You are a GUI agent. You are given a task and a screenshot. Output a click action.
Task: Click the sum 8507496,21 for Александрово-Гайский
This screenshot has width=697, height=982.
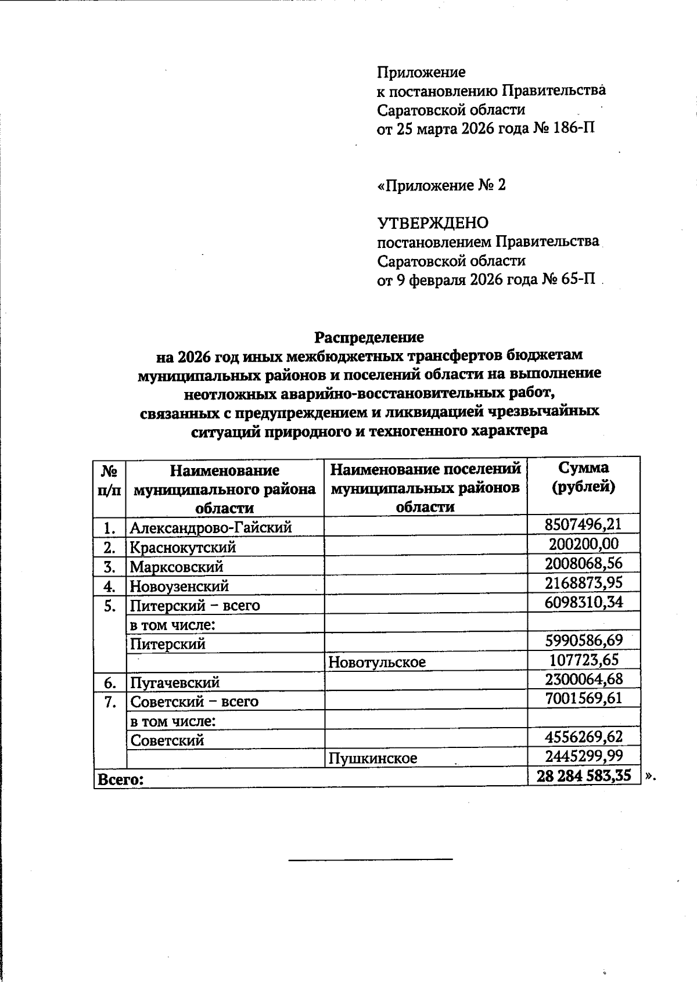point(583,525)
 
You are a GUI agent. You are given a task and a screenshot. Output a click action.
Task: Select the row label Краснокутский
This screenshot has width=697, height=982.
point(183,547)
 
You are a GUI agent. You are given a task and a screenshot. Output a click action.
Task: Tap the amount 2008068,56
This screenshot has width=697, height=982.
point(583,563)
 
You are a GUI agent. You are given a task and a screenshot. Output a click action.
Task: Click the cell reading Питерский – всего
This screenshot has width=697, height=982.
point(195,606)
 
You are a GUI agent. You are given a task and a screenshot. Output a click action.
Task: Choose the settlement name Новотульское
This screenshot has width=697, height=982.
point(377,661)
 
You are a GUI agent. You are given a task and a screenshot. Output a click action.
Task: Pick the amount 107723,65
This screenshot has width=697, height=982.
point(584,660)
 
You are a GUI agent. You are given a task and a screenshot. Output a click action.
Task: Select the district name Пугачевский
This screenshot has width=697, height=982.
point(175,682)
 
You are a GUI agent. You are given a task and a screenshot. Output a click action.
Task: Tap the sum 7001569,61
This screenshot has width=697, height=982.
point(583,698)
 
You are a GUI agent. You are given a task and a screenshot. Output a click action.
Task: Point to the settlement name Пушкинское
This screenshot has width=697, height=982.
point(372,758)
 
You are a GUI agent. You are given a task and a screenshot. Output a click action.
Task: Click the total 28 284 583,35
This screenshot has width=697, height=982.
point(584,776)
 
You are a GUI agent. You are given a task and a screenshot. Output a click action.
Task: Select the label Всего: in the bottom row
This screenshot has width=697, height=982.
point(120,779)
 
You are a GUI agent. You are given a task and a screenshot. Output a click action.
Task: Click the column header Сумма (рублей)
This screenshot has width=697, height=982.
point(583,477)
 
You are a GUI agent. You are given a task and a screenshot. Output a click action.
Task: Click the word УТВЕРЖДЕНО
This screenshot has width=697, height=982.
point(433,223)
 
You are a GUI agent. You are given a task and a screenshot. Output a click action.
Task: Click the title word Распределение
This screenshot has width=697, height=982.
point(369,337)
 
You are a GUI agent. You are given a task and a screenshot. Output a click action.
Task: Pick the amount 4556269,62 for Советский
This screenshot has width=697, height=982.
point(584,737)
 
